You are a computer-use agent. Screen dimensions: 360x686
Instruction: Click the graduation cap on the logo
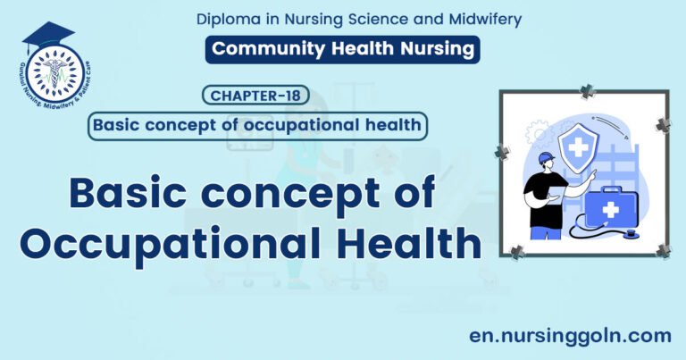pyautogui.click(x=48, y=34)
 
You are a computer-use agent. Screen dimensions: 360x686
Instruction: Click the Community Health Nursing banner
pyautogui.click(x=342, y=48)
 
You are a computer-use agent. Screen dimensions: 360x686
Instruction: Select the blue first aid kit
pyautogui.click(x=611, y=206)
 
